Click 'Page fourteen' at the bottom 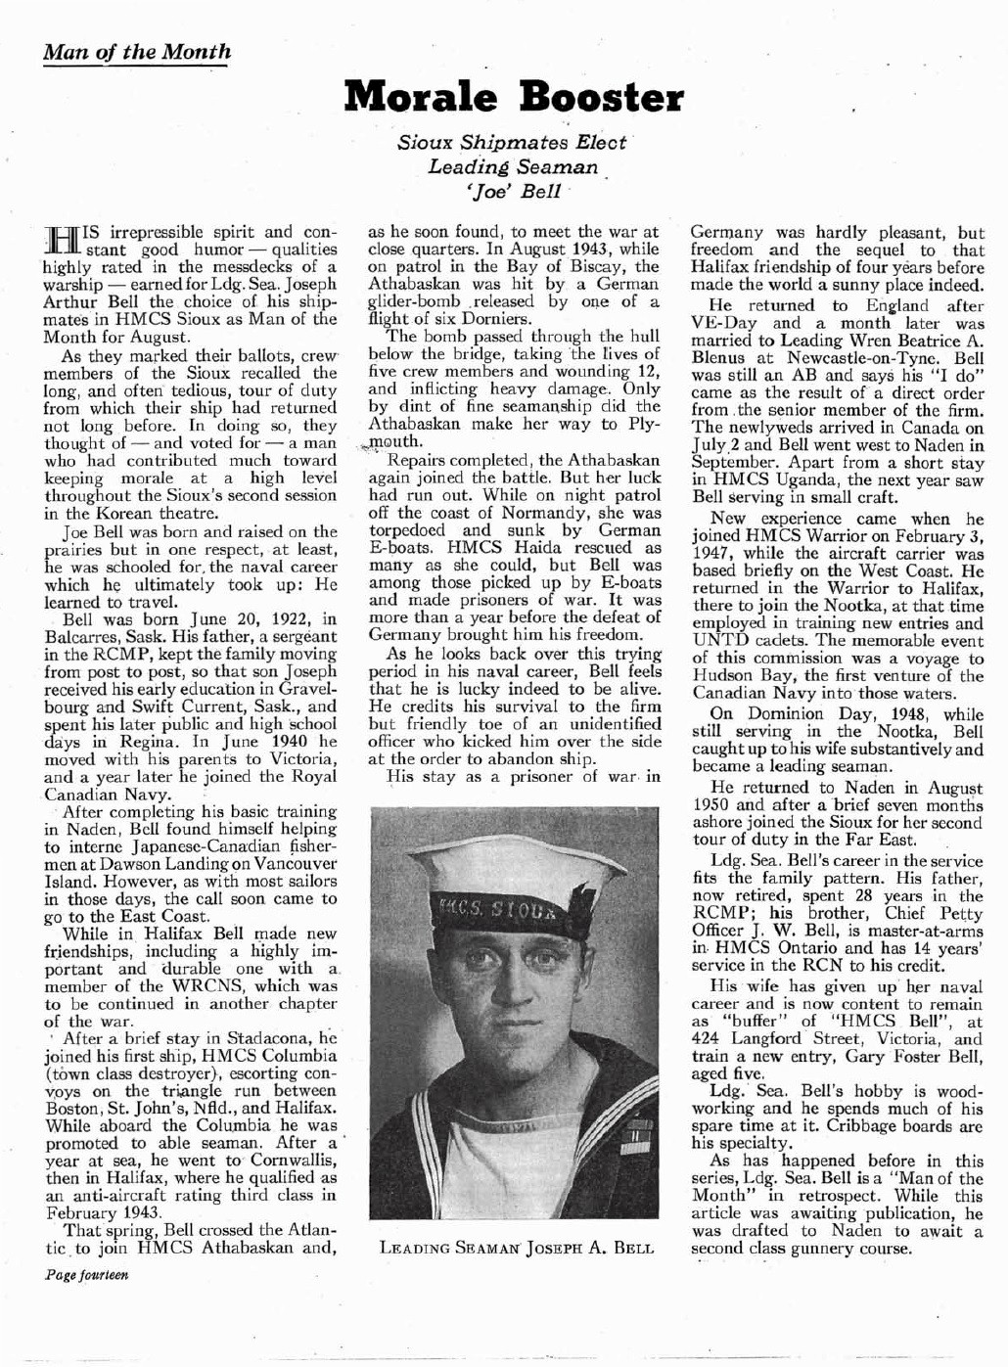pyautogui.click(x=87, y=1276)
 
